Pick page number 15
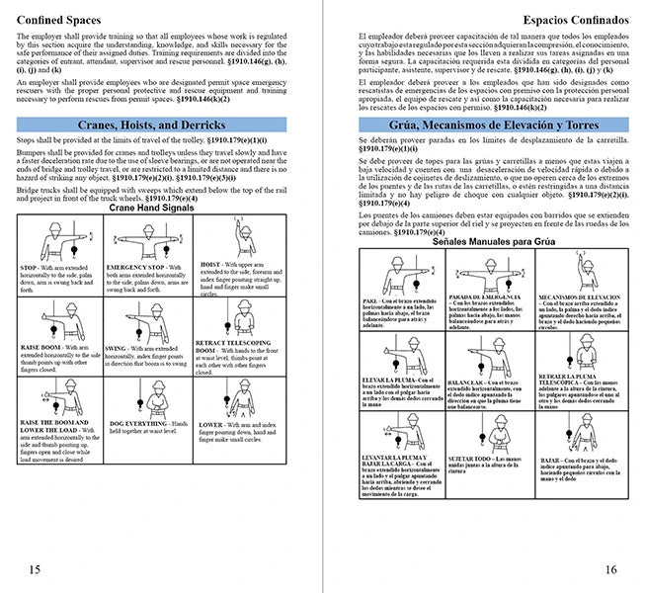35,568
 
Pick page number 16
609,568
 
